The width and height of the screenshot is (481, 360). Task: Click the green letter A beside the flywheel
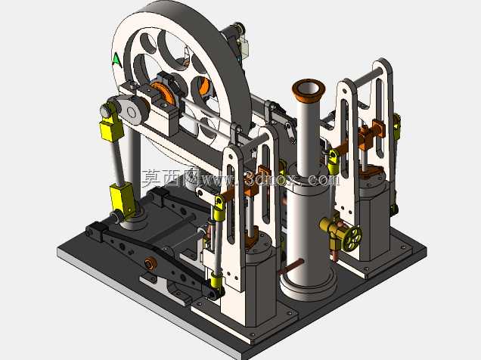[117, 59]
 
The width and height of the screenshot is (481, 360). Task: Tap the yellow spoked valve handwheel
[352, 237]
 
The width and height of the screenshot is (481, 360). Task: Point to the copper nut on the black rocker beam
[150, 263]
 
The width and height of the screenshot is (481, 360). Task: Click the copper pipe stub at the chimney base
[290, 266]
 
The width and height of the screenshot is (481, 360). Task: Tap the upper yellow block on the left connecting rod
[111, 131]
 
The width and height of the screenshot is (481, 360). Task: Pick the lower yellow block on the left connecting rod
[122, 200]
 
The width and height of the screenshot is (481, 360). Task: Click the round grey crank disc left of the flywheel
[132, 111]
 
